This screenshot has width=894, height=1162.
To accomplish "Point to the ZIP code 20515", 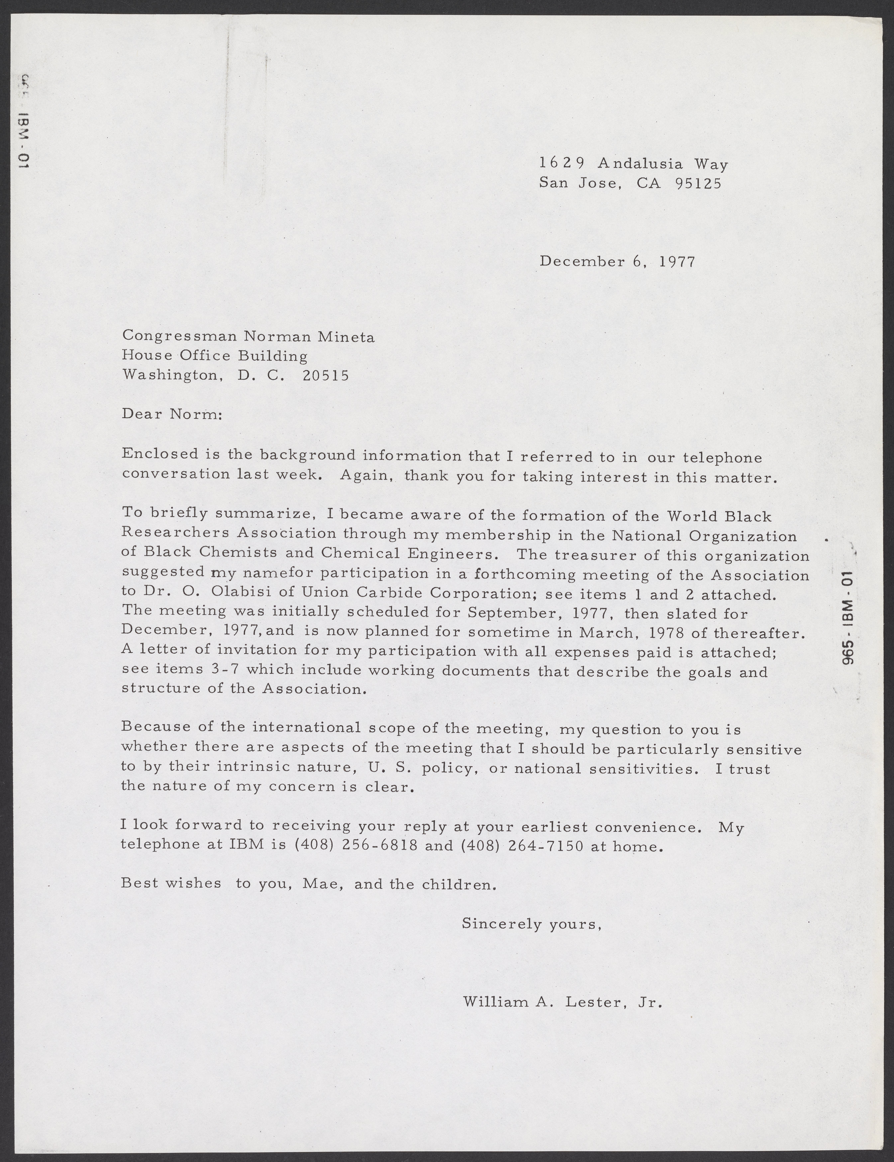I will (325, 376).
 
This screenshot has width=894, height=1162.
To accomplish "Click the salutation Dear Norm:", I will (171, 414).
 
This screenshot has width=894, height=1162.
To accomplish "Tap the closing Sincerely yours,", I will (531, 924).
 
